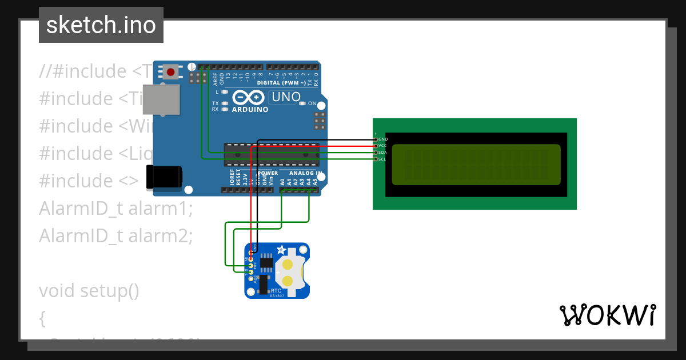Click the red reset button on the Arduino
170,72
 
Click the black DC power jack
163,177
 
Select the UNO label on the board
286,97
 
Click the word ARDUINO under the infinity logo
250,110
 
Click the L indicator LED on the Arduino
225,92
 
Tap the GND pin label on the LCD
382,139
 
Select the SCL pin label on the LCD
382,159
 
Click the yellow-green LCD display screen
476,165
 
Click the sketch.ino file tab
101,25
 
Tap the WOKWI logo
607,315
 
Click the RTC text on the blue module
276,291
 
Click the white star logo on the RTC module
281,250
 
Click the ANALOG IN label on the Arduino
305,173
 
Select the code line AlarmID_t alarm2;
116,235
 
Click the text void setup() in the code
89,291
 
